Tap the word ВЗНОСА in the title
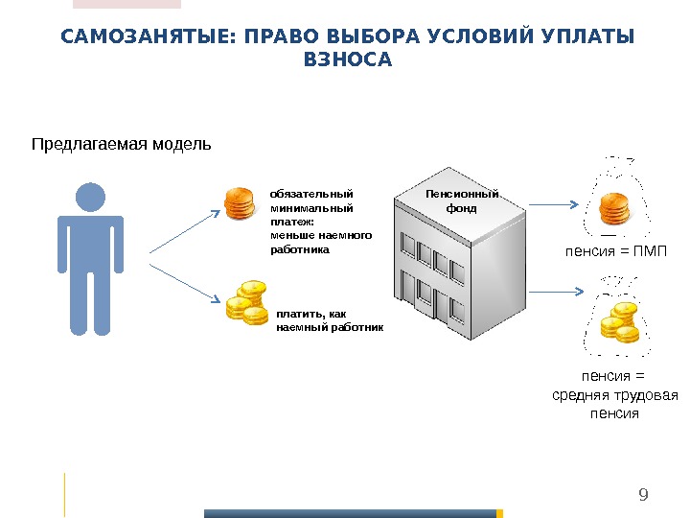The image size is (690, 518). [x=348, y=60]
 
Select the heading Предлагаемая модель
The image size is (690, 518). [x=121, y=145]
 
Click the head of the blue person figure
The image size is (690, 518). [x=90, y=197]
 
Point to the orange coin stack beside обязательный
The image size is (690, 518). [x=240, y=203]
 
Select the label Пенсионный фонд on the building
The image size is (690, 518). [x=462, y=200]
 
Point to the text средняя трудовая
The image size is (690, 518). [x=616, y=395]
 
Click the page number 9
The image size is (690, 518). [x=643, y=495]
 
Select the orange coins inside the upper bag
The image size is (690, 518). [x=613, y=209]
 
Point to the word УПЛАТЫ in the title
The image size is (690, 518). [x=594, y=37]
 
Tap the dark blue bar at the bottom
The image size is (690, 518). [x=353, y=513]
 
